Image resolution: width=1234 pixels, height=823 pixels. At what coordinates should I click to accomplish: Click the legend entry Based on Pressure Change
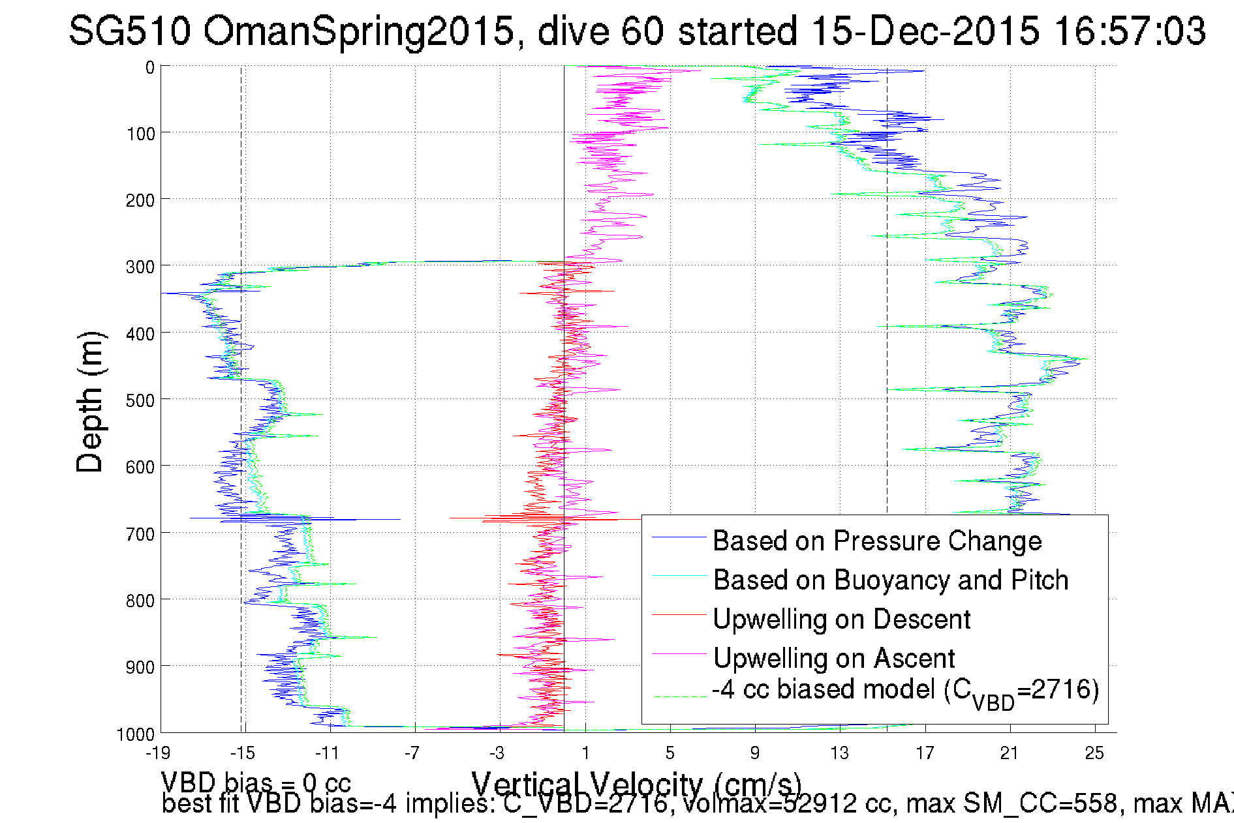click(876, 541)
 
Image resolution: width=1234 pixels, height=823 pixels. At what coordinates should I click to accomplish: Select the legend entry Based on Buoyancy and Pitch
click(890, 580)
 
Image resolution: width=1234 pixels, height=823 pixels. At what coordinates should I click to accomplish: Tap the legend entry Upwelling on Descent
click(841, 620)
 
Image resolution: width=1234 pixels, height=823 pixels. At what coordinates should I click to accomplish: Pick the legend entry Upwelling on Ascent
click(833, 659)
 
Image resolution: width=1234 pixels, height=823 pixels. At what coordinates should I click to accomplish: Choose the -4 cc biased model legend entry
click(905, 691)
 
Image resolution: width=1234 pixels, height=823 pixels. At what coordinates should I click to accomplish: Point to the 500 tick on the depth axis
click(140, 400)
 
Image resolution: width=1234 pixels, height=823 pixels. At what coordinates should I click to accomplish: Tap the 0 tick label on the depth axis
click(150, 68)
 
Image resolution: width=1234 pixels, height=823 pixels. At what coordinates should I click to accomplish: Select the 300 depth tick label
click(140, 267)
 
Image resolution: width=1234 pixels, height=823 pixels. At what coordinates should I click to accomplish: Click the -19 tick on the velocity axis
click(158, 753)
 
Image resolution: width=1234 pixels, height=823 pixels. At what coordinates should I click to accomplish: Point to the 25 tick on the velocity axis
click(1094, 753)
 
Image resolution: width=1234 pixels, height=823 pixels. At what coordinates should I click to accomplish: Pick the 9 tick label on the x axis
click(755, 753)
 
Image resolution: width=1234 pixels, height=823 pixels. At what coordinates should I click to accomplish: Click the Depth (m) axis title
click(89, 402)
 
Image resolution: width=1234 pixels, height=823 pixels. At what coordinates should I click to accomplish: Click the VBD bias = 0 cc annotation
click(256, 783)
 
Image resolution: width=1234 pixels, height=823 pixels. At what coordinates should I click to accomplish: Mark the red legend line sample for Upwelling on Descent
click(679, 615)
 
